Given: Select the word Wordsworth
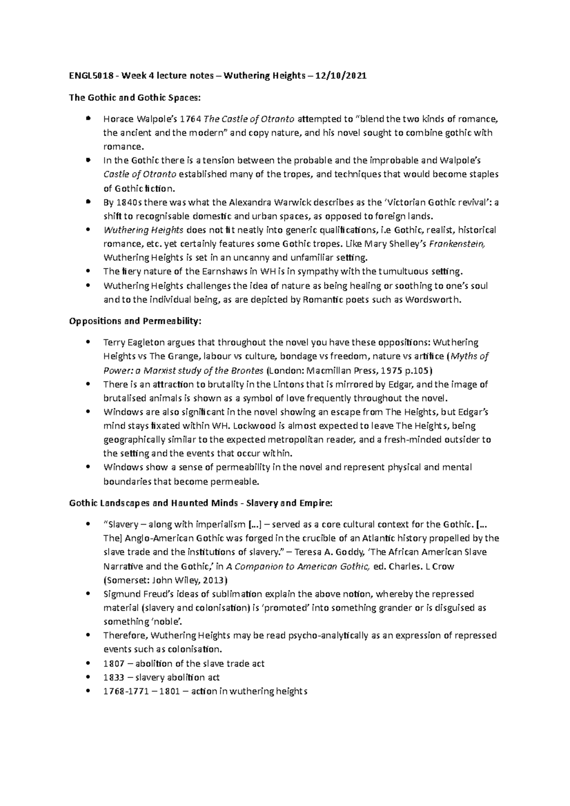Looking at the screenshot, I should pos(432,300).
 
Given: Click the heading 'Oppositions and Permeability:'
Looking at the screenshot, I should pos(135,321).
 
